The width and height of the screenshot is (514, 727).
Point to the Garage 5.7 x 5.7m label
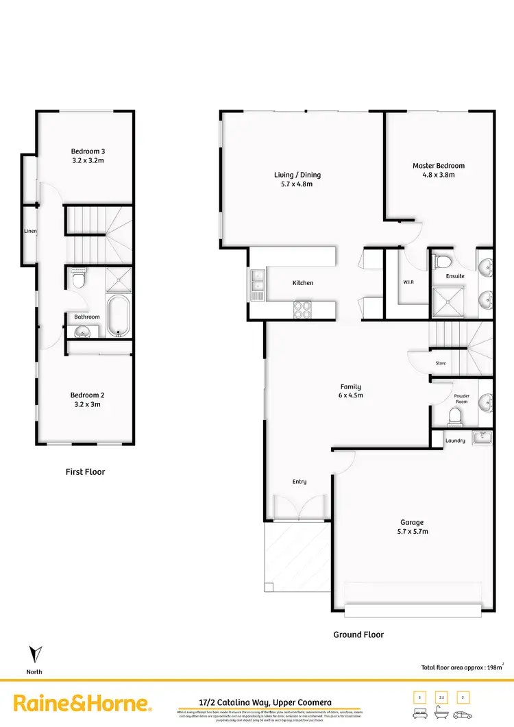click(413, 527)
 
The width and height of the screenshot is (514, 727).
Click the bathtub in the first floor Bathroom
click(119, 315)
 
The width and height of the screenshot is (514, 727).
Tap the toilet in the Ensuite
click(441, 262)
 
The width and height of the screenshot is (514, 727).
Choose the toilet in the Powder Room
click(454, 415)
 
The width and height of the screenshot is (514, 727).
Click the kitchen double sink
click(258, 283)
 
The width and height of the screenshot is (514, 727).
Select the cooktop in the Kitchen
click(302, 310)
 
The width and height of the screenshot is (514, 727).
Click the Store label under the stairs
click(441, 363)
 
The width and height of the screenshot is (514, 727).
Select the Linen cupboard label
click(29, 231)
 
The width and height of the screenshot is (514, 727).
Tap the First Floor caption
click(86, 471)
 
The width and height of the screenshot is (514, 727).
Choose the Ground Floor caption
click(358, 634)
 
